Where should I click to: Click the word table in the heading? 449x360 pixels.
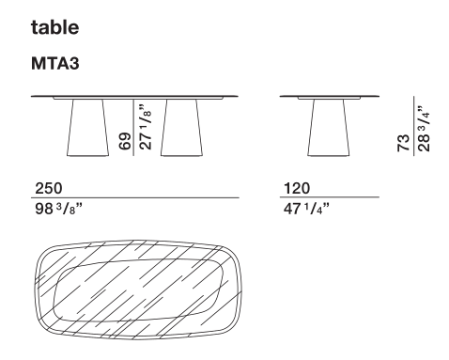54,27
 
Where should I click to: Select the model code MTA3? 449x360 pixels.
55,63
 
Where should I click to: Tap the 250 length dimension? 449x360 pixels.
49,188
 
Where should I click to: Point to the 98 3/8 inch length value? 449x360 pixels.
58,209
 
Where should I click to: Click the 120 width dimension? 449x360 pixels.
297,188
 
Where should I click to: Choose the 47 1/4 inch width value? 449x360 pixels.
306,209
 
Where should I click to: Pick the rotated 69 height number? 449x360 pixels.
125,141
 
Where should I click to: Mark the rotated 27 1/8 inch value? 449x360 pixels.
146,127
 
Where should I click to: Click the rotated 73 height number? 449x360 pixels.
404,143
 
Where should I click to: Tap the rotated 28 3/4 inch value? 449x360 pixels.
424,129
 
